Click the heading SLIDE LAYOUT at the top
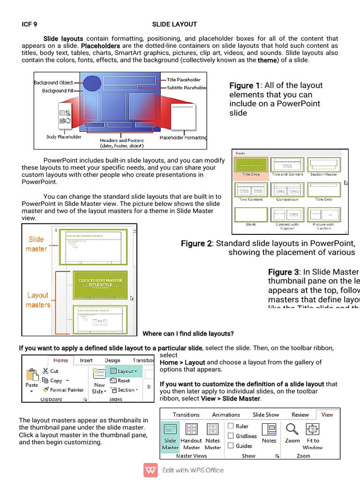[174, 24]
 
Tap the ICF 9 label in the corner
[30, 24]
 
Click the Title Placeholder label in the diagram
[183, 80]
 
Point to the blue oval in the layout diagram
[92, 83]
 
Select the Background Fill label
[54, 90]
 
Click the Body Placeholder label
[64, 137]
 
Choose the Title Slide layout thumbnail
[250, 165]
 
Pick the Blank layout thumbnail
[251, 214]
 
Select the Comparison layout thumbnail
[287, 189]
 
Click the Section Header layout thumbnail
[323, 165]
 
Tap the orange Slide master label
[36, 244]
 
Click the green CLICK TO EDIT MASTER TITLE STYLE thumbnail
[100, 283]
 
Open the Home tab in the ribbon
[60, 360]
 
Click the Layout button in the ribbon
[124, 371]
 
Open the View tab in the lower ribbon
[327, 414]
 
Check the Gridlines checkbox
[231, 436]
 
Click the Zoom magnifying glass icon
[292, 429]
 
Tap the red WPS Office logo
[151, 470]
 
